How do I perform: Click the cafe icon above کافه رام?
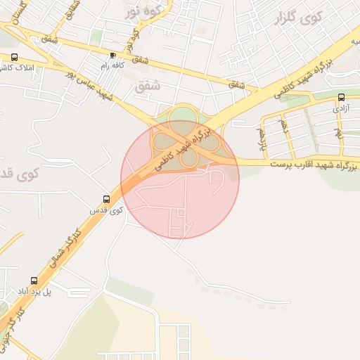112,54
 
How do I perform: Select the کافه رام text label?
112,65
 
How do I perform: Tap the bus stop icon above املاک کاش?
15,58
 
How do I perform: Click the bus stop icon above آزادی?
341,98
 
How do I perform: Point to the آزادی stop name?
340,109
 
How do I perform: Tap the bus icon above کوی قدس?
106,200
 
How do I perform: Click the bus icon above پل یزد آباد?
32,281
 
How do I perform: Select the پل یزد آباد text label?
32,292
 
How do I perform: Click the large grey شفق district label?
147,86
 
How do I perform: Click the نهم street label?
339,131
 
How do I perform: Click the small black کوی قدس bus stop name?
106,210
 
